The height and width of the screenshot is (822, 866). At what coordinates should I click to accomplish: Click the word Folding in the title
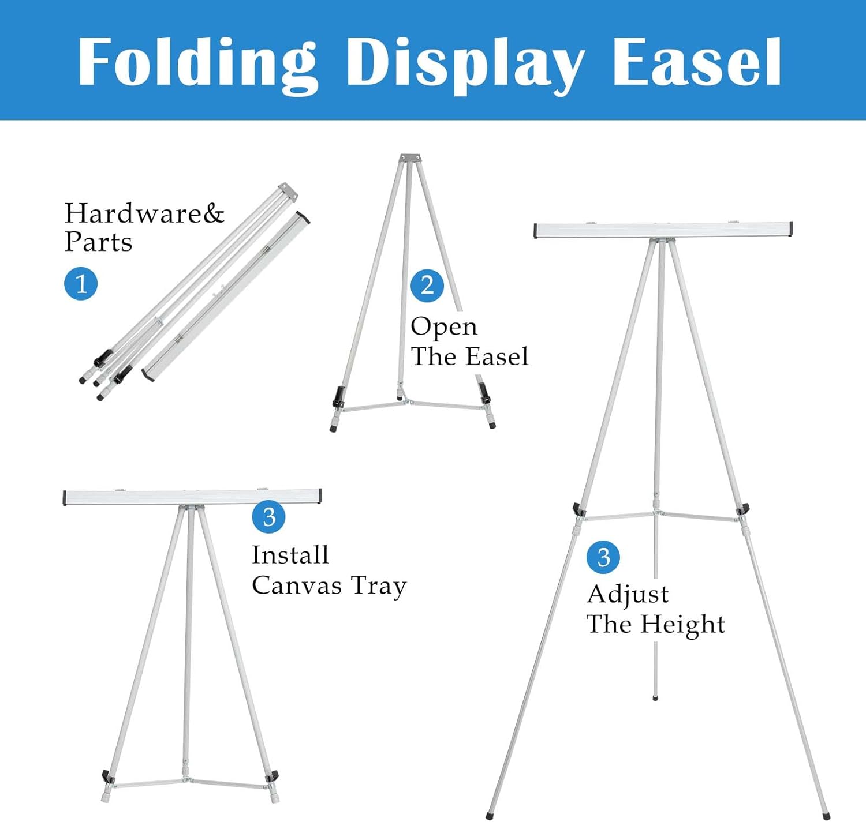coord(197,65)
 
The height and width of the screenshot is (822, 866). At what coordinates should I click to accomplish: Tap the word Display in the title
coord(465,66)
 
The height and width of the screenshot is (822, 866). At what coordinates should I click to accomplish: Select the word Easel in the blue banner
coord(697,62)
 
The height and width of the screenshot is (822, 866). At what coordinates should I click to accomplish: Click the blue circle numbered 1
coord(81,284)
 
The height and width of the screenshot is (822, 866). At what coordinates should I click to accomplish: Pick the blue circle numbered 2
coord(427,286)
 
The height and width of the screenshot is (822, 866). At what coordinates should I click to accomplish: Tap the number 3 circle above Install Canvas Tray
coord(268,517)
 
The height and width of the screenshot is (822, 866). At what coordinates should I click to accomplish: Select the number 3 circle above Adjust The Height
coord(603,557)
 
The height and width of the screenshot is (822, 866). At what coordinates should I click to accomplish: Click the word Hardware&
coord(144,213)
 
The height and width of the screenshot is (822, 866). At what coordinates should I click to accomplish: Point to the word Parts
coord(98,242)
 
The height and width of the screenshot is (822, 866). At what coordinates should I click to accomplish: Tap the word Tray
coord(379,587)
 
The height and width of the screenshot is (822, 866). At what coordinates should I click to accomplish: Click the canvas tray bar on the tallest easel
coord(663,230)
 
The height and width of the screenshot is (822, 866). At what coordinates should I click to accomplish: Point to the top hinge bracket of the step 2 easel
coord(410,158)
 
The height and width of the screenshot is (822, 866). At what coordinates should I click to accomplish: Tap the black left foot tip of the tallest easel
coord(490,816)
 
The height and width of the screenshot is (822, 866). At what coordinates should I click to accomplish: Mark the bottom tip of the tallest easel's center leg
coord(655,697)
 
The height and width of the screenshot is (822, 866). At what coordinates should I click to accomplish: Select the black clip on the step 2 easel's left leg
coord(339,397)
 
